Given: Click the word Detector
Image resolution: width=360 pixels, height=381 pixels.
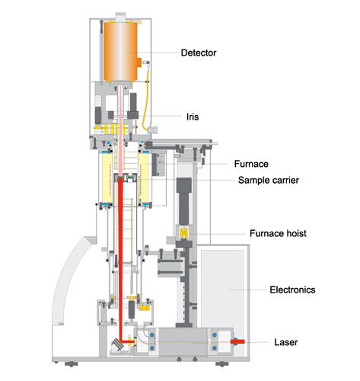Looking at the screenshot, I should (199, 53).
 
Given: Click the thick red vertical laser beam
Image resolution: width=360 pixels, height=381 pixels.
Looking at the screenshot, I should (119, 251).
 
